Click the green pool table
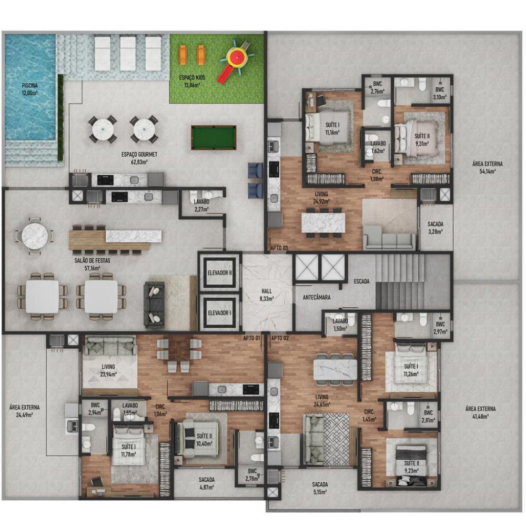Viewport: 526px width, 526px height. tap(214, 137)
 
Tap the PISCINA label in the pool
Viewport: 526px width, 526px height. tap(30, 89)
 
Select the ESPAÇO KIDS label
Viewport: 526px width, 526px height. tap(192, 81)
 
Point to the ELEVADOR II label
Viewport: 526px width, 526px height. tap(220, 273)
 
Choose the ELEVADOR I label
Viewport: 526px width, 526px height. tap(219, 313)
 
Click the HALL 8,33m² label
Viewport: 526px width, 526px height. tap(267, 295)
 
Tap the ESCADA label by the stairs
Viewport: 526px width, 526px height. tap(362, 281)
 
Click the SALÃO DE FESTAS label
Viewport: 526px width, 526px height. tap(92, 264)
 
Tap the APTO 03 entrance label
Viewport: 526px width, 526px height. tap(279, 248)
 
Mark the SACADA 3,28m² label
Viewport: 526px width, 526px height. tap(435, 227)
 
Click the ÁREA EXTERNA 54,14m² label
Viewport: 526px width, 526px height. tap(488, 167)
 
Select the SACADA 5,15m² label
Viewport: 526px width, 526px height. tap(320, 488)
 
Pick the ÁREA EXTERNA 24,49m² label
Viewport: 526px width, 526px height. tap(25, 411)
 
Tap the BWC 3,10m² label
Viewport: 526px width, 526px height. tap(440, 93)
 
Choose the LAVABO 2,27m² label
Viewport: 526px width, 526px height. tap(201, 205)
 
